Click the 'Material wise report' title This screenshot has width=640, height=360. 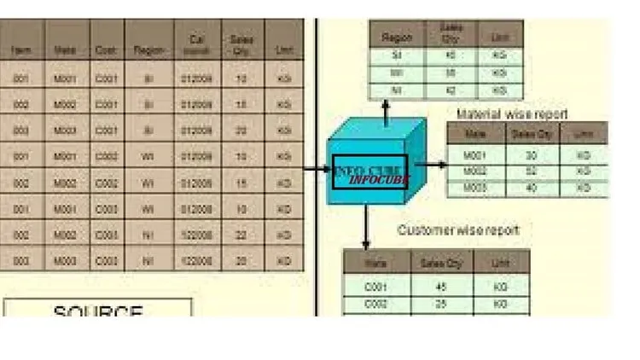pyautogui.click(x=512, y=113)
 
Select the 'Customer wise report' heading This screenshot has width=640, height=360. pyautogui.click(x=458, y=230)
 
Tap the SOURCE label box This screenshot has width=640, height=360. pyautogui.click(x=98, y=309)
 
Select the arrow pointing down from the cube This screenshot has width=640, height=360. pyautogui.click(x=365, y=229)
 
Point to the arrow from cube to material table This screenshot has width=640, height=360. pyautogui.click(x=431, y=165)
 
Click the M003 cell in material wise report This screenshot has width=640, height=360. pyautogui.click(x=474, y=187)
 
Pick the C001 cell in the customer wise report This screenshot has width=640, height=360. pyautogui.click(x=375, y=287)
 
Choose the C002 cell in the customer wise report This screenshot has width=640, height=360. pyautogui.click(x=375, y=304)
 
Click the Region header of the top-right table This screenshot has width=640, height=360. pyautogui.click(x=397, y=38)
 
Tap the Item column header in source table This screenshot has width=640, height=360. pyautogui.click(x=21, y=50)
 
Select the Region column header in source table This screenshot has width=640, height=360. pyautogui.click(x=148, y=50)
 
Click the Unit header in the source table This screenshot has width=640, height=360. pyautogui.click(x=283, y=50)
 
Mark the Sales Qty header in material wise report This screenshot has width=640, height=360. pyautogui.click(x=532, y=133)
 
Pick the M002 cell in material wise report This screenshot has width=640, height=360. pyautogui.click(x=474, y=171)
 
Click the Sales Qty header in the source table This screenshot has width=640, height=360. pyautogui.click(x=242, y=44)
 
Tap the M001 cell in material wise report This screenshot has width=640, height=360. pyautogui.click(x=474, y=155)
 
